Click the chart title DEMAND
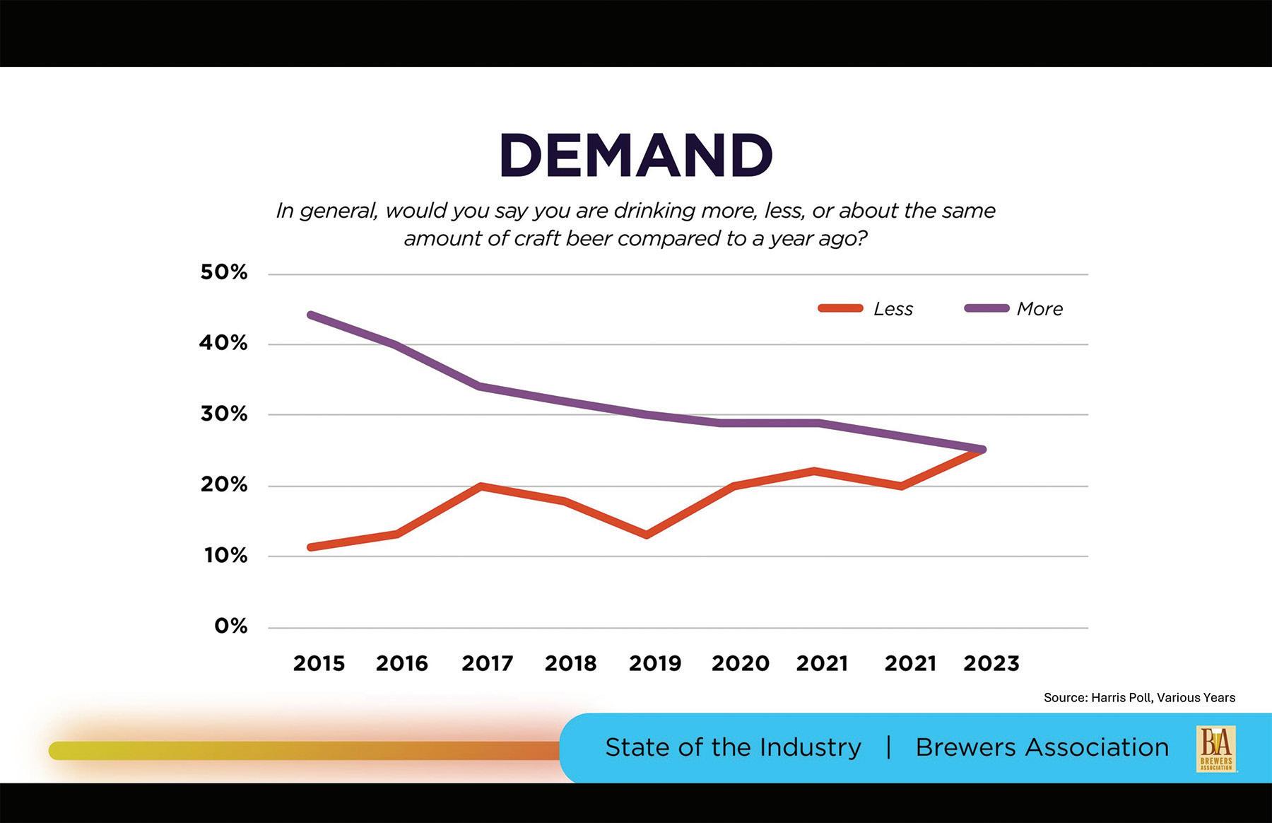[635, 155]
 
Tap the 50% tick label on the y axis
[224, 272]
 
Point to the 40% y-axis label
[224, 344]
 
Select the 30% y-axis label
[224, 414]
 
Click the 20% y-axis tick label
[224, 485]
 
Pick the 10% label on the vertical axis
[226, 556]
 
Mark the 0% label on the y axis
[231, 626]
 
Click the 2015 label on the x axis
[319, 663]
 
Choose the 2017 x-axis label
[487, 663]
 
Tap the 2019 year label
[655, 663]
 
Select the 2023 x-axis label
[991, 663]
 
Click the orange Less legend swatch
[840, 308]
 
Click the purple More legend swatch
[987, 308]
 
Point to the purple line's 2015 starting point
[312, 315]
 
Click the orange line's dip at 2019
[647, 535]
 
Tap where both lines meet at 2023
[982, 450]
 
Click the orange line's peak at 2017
[481, 486]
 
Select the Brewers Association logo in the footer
[1215, 748]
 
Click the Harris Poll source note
[1139, 698]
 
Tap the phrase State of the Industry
[733, 747]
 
